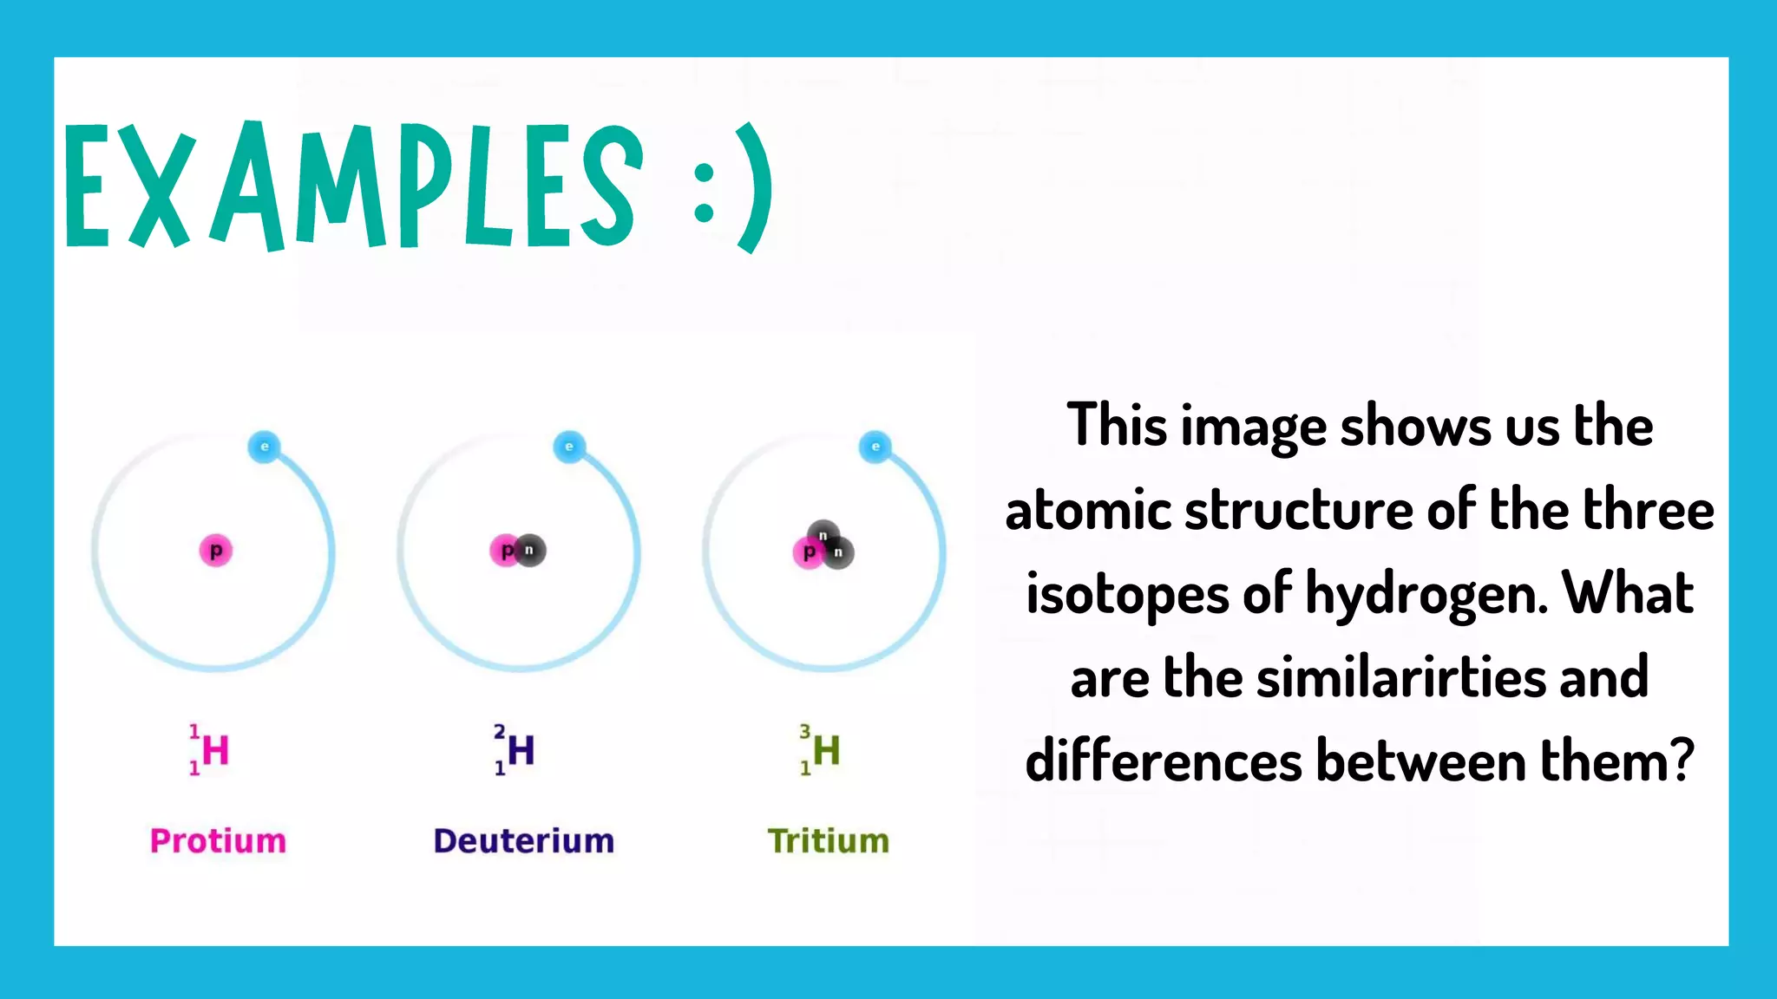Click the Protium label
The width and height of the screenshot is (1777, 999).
[x=218, y=840]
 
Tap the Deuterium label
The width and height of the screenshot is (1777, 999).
[x=523, y=840]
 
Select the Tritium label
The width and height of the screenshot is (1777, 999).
[x=829, y=840]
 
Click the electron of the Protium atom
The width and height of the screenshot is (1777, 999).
[x=265, y=447]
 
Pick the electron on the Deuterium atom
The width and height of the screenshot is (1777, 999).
[x=569, y=447]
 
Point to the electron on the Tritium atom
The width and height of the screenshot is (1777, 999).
[x=875, y=447]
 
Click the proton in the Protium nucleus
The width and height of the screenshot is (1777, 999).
[x=216, y=551]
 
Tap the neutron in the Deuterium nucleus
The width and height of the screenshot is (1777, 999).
[x=530, y=550]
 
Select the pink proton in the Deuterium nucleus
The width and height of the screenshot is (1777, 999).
[x=504, y=551]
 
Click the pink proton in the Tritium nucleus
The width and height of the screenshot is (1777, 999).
[x=808, y=552]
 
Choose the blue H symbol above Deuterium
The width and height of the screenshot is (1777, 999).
[x=521, y=751]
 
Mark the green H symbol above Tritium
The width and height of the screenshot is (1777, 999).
[x=827, y=751]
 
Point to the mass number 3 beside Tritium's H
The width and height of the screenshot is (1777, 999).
[x=805, y=732]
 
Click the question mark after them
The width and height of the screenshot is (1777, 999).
[x=1682, y=761]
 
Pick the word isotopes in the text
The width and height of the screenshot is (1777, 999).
[x=1126, y=595]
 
